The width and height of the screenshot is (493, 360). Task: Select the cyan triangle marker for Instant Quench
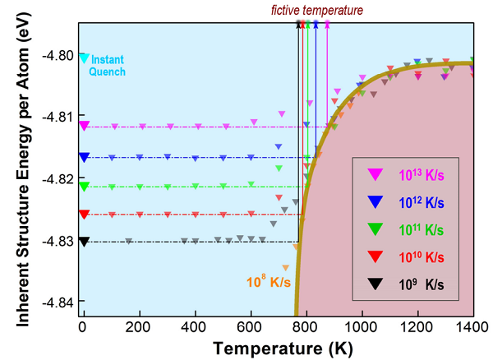(x=84, y=58)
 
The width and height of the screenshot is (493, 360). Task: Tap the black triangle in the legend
(x=375, y=284)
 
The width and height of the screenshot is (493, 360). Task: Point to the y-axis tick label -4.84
(x=57, y=302)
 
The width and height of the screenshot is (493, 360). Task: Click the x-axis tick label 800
(x=306, y=325)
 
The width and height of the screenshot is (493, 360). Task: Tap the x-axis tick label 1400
(x=472, y=325)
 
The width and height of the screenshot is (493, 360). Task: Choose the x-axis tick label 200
(x=139, y=325)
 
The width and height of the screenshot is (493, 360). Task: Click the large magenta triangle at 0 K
(x=84, y=126)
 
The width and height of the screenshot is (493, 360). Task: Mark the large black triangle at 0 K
(x=84, y=242)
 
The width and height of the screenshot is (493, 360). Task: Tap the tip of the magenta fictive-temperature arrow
(x=327, y=22)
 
